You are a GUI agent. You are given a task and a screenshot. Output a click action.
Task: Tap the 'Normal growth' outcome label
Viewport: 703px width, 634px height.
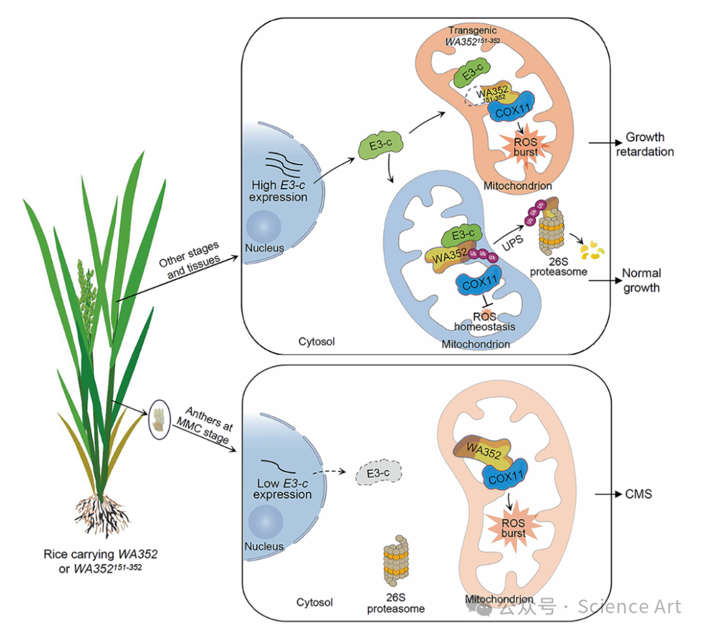[x=641, y=280]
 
